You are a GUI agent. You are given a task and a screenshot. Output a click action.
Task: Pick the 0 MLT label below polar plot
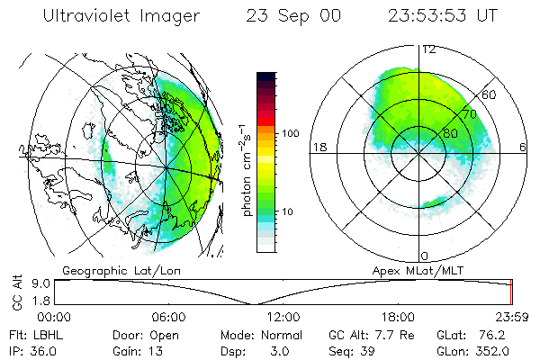[x=424, y=256]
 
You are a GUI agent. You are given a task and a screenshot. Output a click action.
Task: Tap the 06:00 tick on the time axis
[x=168, y=317]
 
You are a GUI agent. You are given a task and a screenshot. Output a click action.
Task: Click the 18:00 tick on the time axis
[x=398, y=317]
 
